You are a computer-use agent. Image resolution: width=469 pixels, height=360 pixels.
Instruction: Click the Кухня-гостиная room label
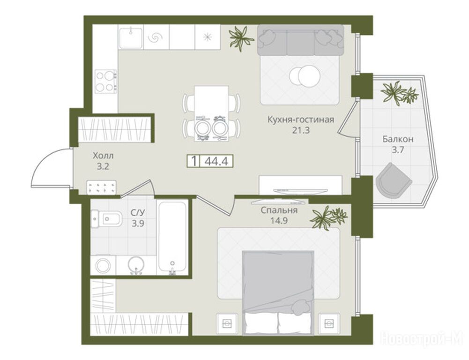point(300,120)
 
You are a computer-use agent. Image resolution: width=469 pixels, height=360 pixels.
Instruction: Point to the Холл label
point(103,156)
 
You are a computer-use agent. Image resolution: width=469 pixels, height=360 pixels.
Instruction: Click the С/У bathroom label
point(138,213)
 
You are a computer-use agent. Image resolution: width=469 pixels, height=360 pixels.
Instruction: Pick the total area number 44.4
point(216,161)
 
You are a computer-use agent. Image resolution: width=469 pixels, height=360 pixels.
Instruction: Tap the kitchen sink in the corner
point(131,37)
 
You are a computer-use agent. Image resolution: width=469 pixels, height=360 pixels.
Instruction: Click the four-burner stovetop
point(105,81)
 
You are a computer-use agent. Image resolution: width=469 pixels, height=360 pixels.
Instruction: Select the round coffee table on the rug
point(305,76)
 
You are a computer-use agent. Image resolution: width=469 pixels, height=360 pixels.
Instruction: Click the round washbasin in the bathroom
point(136,265)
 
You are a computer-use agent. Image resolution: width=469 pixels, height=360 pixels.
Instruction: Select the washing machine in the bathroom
point(103,265)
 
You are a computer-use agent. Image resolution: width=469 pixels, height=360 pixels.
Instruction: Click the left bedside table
point(227,323)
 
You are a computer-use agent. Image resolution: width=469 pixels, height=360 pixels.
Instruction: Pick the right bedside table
point(329,323)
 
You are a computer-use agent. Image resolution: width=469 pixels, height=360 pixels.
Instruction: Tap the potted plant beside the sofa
point(239,37)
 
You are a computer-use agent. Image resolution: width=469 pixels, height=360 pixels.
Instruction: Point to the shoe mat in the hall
point(101,187)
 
